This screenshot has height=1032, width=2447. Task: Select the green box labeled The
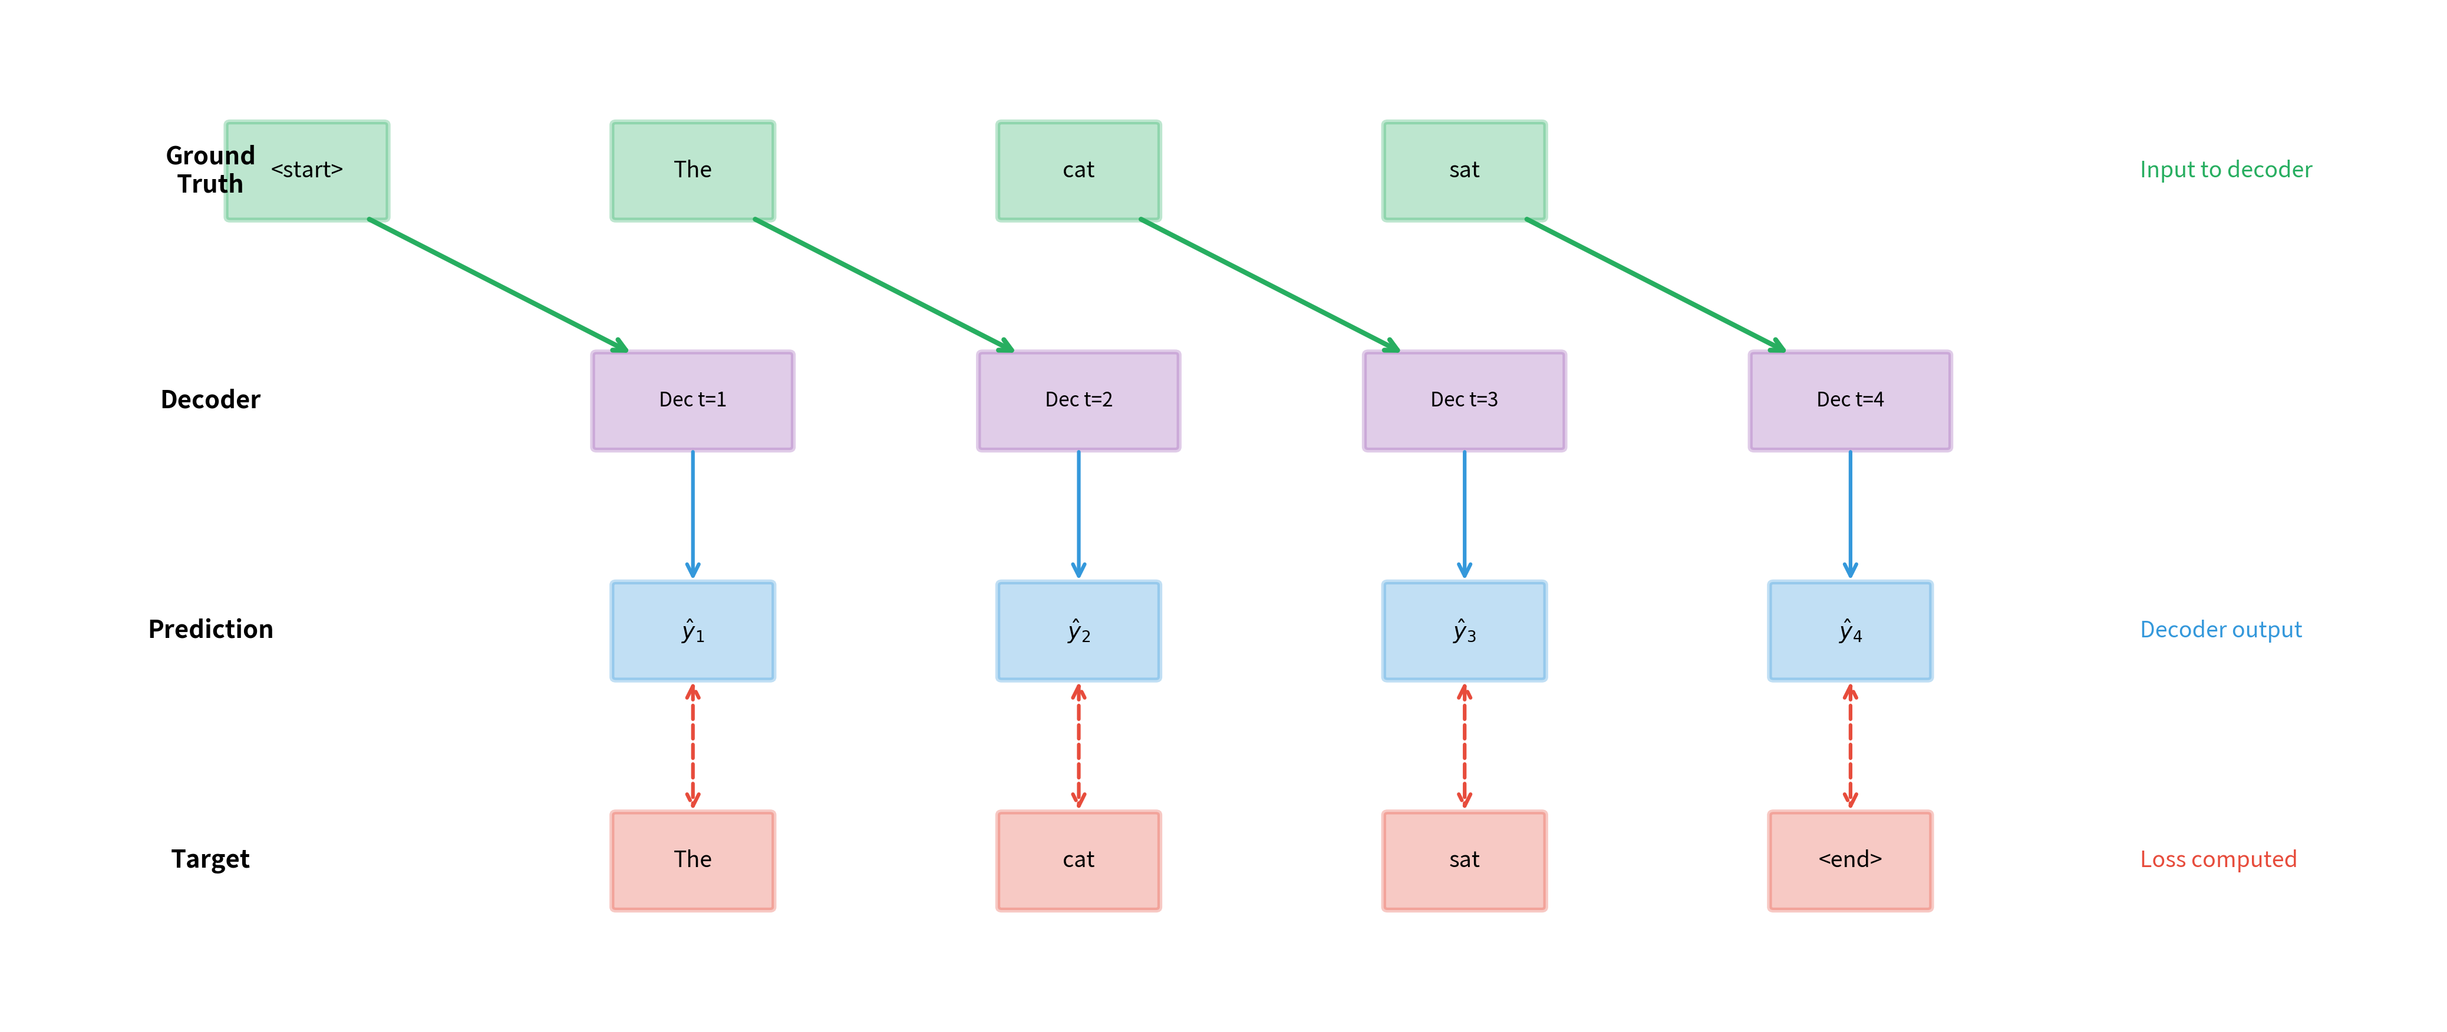pos(692,171)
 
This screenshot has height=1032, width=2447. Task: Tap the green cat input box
pos(1078,171)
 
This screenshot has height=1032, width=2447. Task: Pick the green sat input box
pos(1464,171)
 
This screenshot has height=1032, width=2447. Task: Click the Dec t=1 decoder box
pos(692,401)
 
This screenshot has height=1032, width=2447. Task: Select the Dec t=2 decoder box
pos(1078,401)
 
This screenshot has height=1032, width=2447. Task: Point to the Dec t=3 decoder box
pos(1464,401)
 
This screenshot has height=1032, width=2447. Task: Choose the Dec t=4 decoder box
pos(1849,401)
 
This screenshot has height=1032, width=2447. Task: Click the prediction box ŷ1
pos(692,630)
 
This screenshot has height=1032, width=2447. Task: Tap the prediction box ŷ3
pos(1464,630)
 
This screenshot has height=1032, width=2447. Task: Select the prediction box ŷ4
pos(1849,630)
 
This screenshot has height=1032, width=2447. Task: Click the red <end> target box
pos(1849,860)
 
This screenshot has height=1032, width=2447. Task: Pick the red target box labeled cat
pos(1078,860)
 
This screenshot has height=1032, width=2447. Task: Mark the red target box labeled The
pos(692,860)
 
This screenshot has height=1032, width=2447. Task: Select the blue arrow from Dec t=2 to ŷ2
pos(1078,512)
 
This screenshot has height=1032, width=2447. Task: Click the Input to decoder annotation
pos(2225,170)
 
